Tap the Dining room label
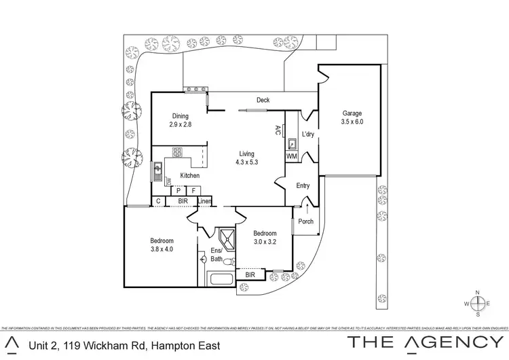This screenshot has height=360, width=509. pyautogui.click(x=180, y=116)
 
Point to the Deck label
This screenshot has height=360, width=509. pyautogui.click(x=263, y=101)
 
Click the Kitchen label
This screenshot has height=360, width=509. pyautogui.click(x=190, y=176)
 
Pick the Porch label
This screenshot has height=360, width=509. pyautogui.click(x=306, y=221)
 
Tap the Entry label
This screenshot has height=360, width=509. pyautogui.click(x=303, y=185)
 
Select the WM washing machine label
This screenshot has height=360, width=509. pyautogui.click(x=292, y=157)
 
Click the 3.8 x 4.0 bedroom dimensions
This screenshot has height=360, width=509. pyautogui.click(x=162, y=249)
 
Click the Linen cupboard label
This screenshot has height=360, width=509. pyautogui.click(x=205, y=201)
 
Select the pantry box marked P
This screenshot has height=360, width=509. pyautogui.click(x=179, y=191)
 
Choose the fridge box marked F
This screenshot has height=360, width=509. pyautogui.click(x=194, y=191)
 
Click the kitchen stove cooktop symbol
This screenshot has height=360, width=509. pyautogui.click(x=178, y=152)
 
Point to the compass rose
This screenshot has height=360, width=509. pyautogui.click(x=478, y=303)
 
